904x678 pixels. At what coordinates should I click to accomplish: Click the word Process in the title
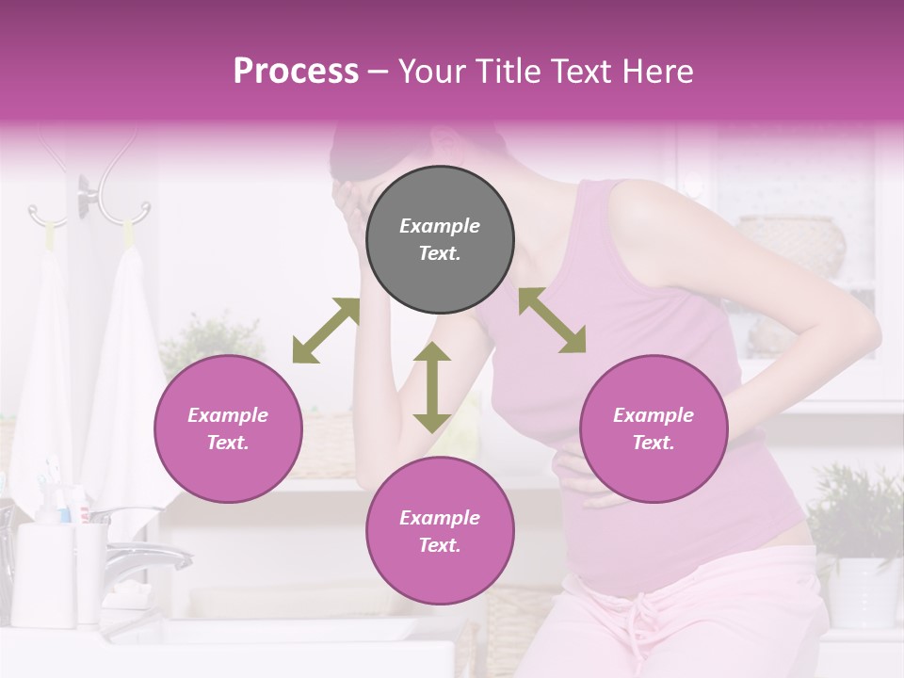tap(296, 72)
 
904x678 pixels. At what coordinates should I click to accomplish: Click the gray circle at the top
tap(440, 239)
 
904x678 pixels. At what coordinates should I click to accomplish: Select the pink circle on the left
tap(228, 428)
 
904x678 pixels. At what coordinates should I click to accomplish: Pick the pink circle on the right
tap(654, 428)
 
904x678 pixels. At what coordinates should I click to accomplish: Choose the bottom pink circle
tap(440, 531)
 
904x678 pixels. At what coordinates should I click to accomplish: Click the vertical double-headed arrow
tap(432, 387)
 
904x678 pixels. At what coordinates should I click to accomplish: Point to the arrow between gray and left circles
tap(326, 331)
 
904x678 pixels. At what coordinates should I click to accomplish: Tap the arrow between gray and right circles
tap(553, 320)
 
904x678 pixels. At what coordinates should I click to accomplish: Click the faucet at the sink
tap(141, 556)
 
